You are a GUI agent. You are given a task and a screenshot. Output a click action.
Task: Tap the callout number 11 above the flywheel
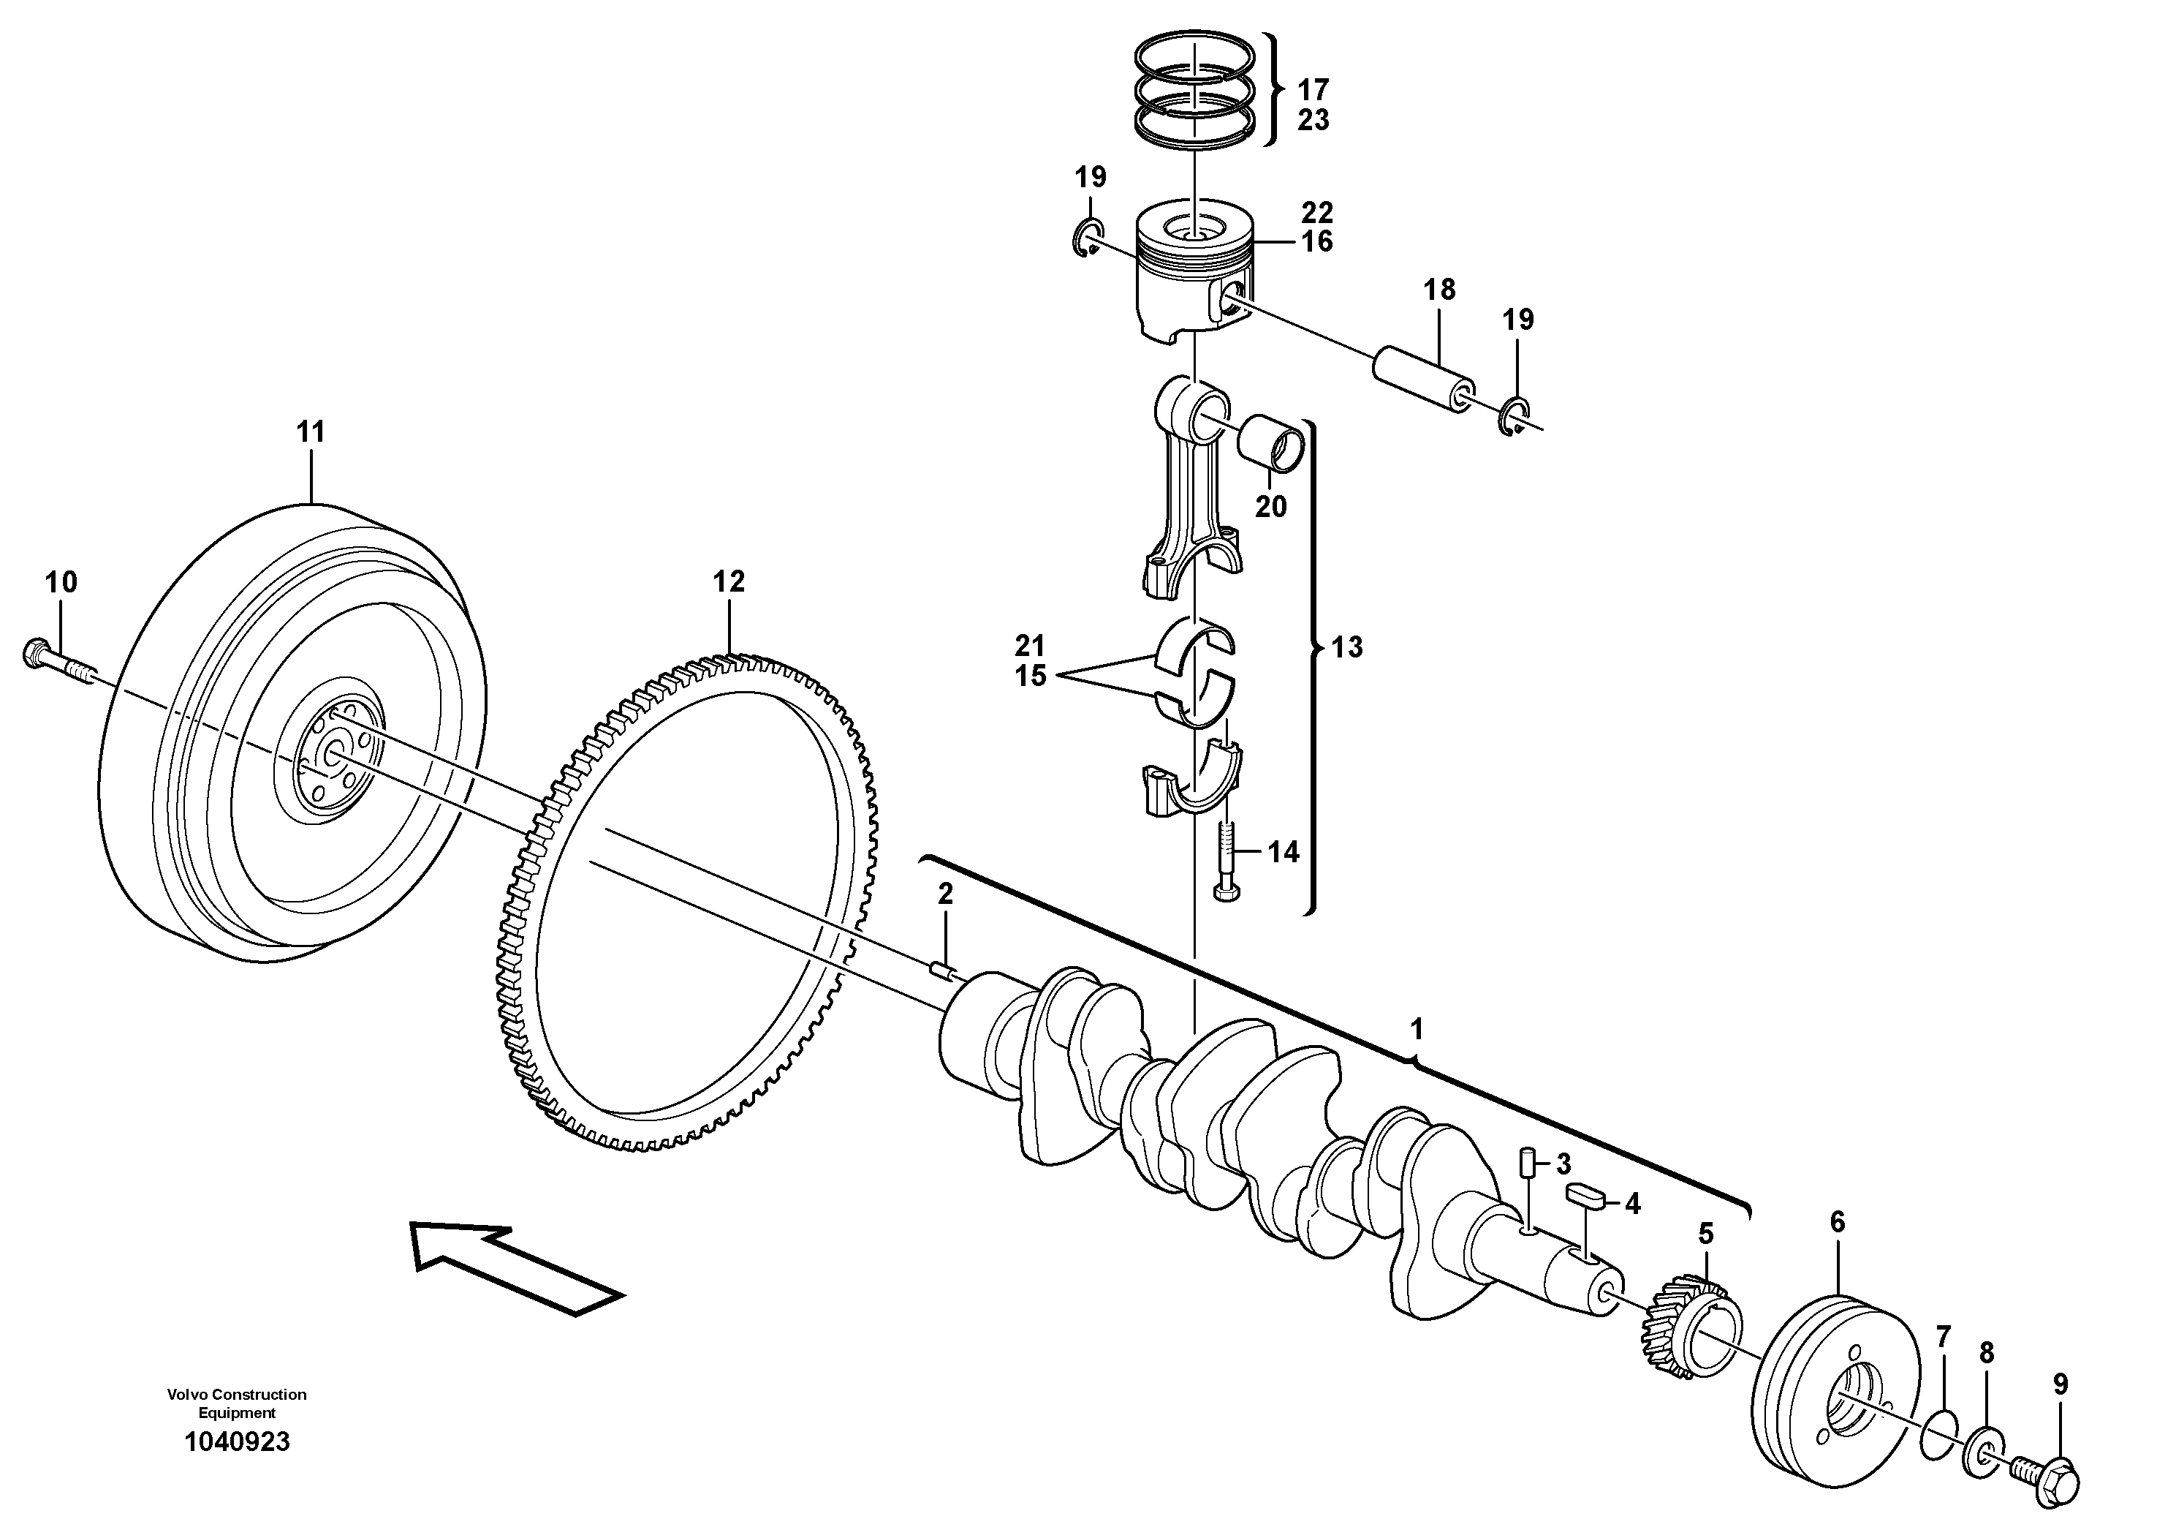pos(310,432)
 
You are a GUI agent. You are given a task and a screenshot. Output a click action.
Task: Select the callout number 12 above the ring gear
pos(729,581)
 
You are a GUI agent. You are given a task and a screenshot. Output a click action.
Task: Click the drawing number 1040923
pos(237,1442)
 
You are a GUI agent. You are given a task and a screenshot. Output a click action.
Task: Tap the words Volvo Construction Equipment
pos(237,1403)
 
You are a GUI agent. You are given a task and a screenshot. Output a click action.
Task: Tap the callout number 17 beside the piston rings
pos(1313,90)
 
